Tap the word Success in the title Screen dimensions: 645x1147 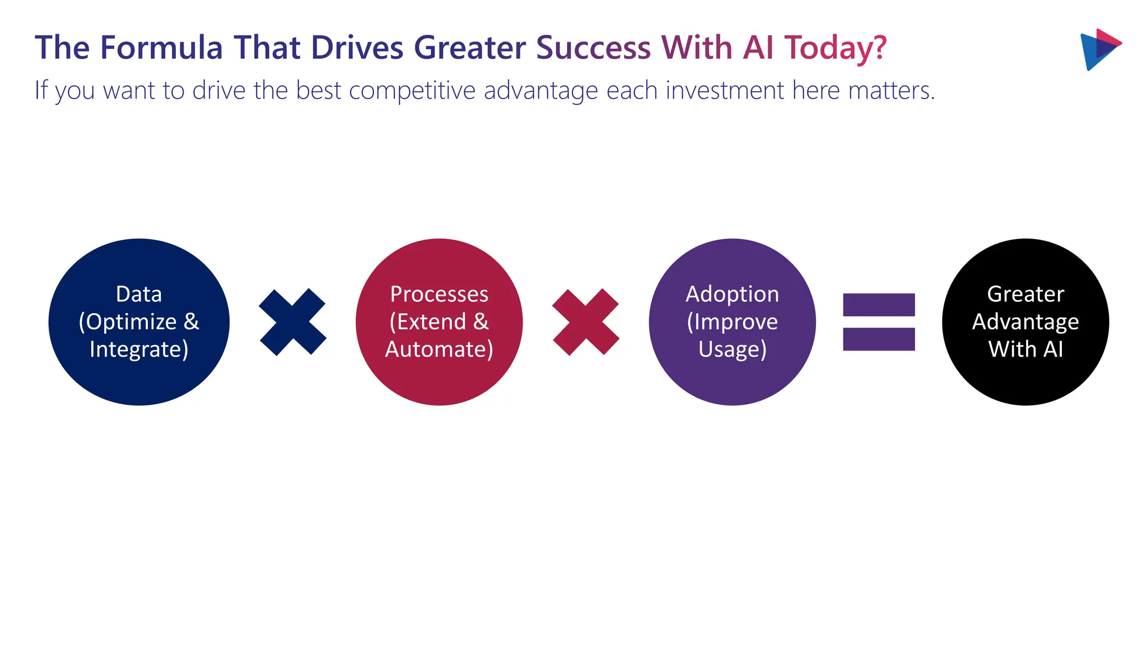(x=593, y=48)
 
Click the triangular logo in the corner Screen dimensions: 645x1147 (x=1099, y=49)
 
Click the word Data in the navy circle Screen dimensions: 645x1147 (x=139, y=294)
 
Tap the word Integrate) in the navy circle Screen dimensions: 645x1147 (x=139, y=349)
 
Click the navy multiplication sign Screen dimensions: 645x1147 (x=292, y=322)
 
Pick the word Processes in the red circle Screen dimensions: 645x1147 (x=439, y=294)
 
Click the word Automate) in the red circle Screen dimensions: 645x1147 (x=439, y=349)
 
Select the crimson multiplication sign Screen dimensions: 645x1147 (x=586, y=322)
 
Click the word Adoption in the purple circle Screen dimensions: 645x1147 (x=732, y=294)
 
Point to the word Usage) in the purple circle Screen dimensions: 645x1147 (x=732, y=349)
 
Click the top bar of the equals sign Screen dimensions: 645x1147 (x=879, y=305)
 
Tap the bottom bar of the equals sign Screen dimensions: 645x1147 (x=879, y=339)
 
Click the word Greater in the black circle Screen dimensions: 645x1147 (x=1025, y=294)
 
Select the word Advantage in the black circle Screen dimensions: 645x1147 (x=1025, y=322)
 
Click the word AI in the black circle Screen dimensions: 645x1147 (x=1053, y=349)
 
